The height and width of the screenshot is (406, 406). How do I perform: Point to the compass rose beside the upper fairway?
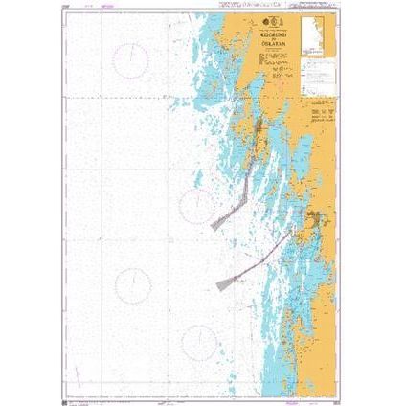(198, 203)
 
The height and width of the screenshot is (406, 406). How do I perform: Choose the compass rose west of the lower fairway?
(133, 282)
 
